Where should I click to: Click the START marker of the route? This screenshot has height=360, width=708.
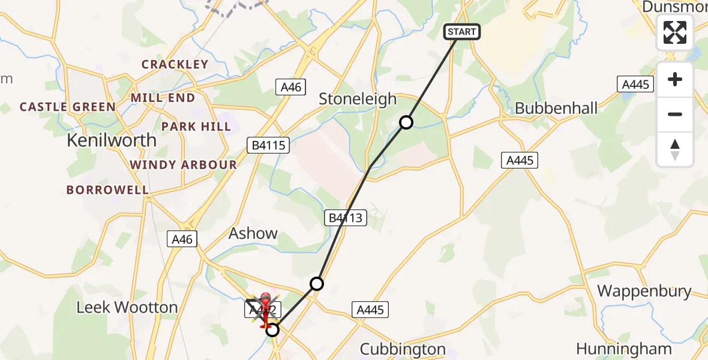[461, 32]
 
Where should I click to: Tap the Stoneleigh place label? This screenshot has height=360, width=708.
[358, 99]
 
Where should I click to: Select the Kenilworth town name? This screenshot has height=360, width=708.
[112, 140]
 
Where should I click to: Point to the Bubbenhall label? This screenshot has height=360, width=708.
[556, 109]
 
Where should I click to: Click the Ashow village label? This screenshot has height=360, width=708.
[253, 233]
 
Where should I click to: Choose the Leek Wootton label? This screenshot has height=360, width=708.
[127, 308]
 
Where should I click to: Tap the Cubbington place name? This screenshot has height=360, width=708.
[403, 349]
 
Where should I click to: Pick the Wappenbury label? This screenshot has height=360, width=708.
[644, 292]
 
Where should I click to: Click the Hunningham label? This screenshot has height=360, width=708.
[624, 349]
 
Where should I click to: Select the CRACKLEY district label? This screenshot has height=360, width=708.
[175, 64]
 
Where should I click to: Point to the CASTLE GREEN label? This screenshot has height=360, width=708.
[68, 107]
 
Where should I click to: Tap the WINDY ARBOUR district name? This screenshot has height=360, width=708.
[184, 164]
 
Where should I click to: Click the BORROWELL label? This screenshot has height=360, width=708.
[107, 190]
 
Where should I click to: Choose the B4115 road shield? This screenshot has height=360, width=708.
[268, 145]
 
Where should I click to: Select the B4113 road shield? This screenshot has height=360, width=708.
[346, 218]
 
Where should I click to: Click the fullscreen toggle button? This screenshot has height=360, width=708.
[675, 32]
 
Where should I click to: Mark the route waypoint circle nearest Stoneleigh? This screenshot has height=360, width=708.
[406, 122]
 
